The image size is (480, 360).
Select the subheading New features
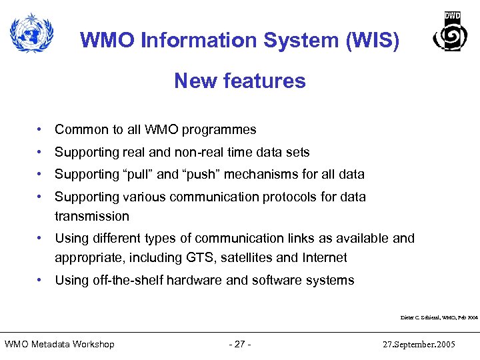(x=240, y=81)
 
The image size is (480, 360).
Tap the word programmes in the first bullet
(x=223, y=130)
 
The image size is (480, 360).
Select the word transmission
(x=92, y=216)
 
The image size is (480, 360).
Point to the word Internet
(x=324, y=257)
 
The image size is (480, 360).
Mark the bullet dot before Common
(x=41, y=130)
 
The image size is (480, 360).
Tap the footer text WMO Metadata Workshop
(x=59, y=344)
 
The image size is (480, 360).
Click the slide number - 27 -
(x=239, y=344)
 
